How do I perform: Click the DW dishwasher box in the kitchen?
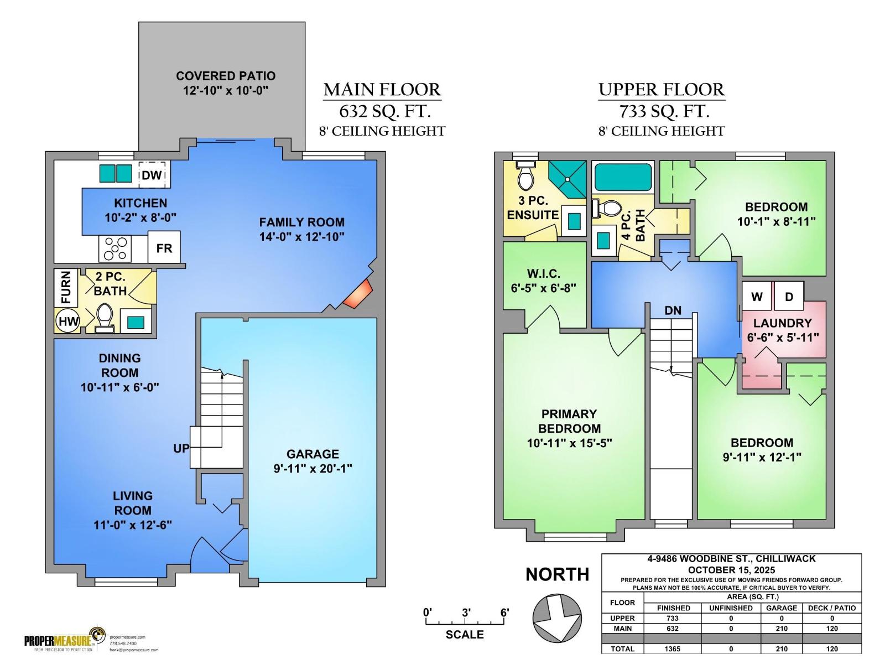point(152,175)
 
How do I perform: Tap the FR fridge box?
point(164,248)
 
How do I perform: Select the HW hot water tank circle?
point(68,321)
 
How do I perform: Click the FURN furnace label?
point(66,287)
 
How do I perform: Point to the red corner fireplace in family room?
point(358,293)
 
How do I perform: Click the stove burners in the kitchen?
point(115,248)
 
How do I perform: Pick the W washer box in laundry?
point(756,297)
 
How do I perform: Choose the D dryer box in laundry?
point(789,297)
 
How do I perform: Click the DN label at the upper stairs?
point(673,310)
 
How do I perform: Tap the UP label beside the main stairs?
point(181,448)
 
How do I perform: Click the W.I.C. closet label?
point(543,273)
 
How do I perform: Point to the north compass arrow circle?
point(557,618)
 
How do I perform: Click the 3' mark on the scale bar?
point(466,613)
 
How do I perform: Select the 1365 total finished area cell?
point(673,649)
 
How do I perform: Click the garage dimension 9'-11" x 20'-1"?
point(313,468)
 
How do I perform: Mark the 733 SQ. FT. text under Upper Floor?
point(664,111)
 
